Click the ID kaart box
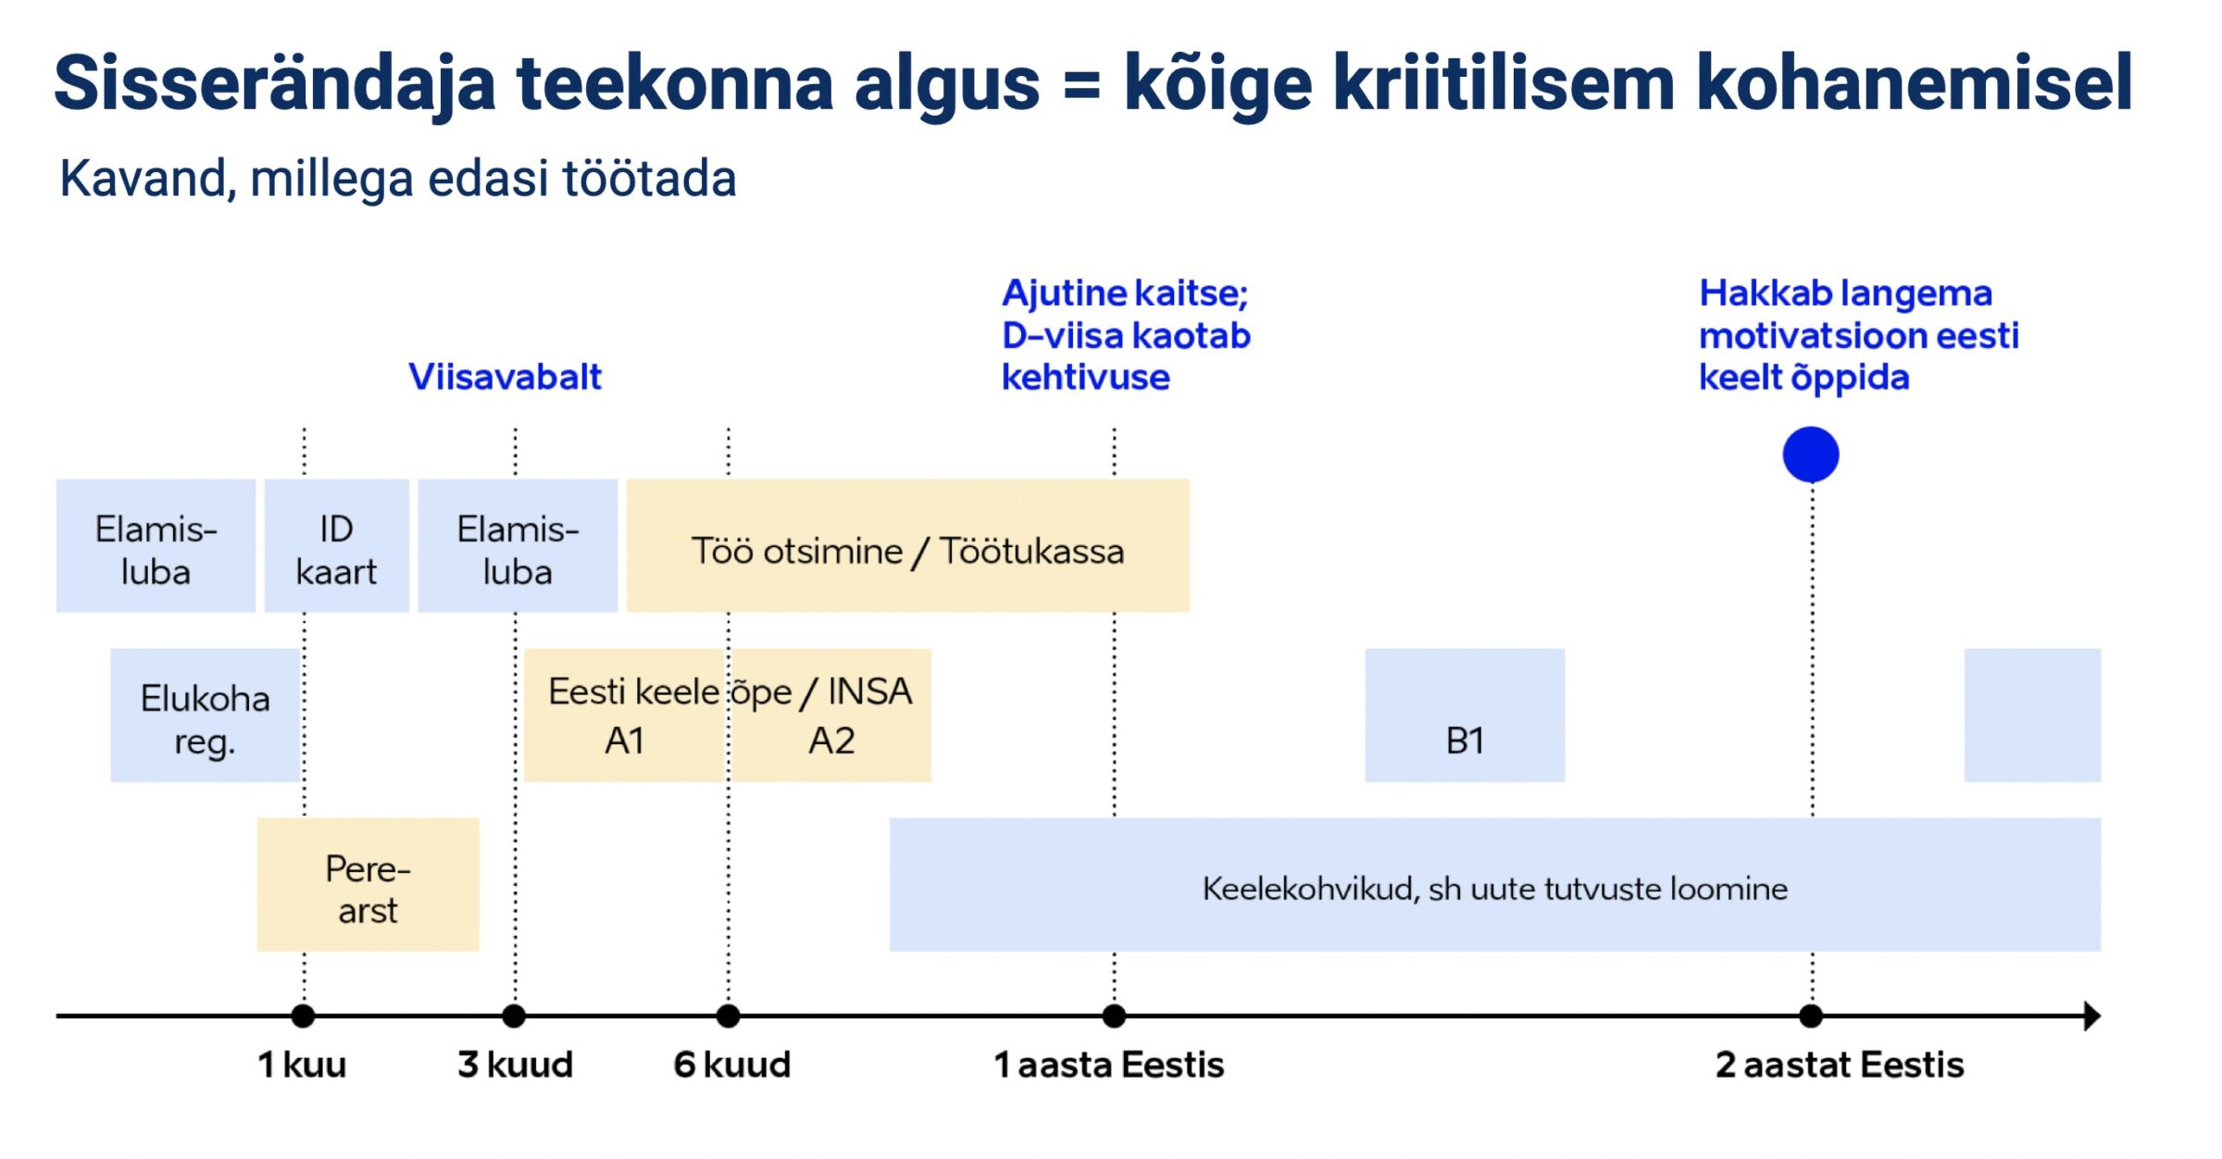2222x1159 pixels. [336, 546]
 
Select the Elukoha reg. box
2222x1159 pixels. [205, 716]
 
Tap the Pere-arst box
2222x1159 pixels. [368, 885]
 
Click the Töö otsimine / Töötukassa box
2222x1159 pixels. [907, 546]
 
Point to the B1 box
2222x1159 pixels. [1465, 716]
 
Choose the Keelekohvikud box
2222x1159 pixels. [1494, 885]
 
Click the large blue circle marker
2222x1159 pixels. [1811, 455]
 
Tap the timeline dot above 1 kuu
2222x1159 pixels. [303, 1016]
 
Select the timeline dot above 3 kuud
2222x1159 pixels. [514, 1016]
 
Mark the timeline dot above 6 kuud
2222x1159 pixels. [729, 1016]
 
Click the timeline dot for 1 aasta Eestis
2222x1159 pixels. [1115, 1016]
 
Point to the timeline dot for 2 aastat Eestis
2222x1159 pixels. [1811, 1016]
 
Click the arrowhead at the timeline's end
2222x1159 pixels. [2091, 1016]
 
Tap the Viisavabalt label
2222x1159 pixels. [505, 377]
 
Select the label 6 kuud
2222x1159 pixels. [731, 1065]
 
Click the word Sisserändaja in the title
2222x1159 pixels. [275, 83]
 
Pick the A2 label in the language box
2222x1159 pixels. [831, 741]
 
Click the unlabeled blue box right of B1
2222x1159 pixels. [2032, 716]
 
